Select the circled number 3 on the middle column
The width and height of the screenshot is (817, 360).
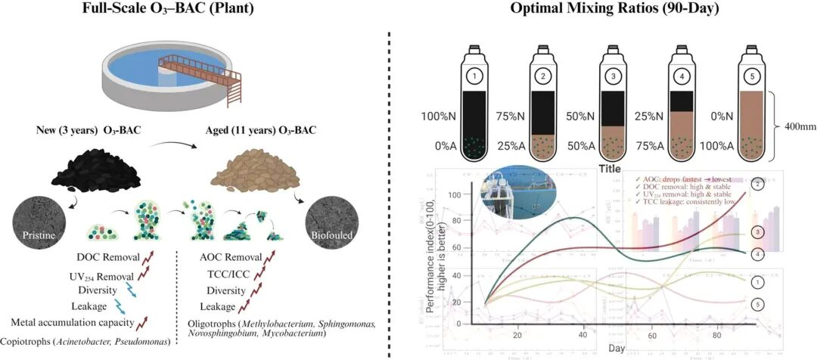[613, 76]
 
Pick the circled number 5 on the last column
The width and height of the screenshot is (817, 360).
[753, 76]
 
